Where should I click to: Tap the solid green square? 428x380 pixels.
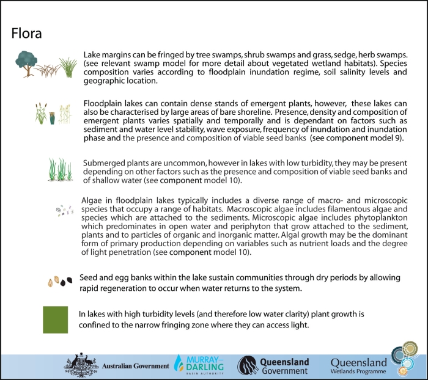coord(55,320)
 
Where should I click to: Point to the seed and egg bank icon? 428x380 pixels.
coord(60,282)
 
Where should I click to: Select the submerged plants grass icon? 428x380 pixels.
coord(61,169)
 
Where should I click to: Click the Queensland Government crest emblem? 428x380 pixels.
coord(248,365)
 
